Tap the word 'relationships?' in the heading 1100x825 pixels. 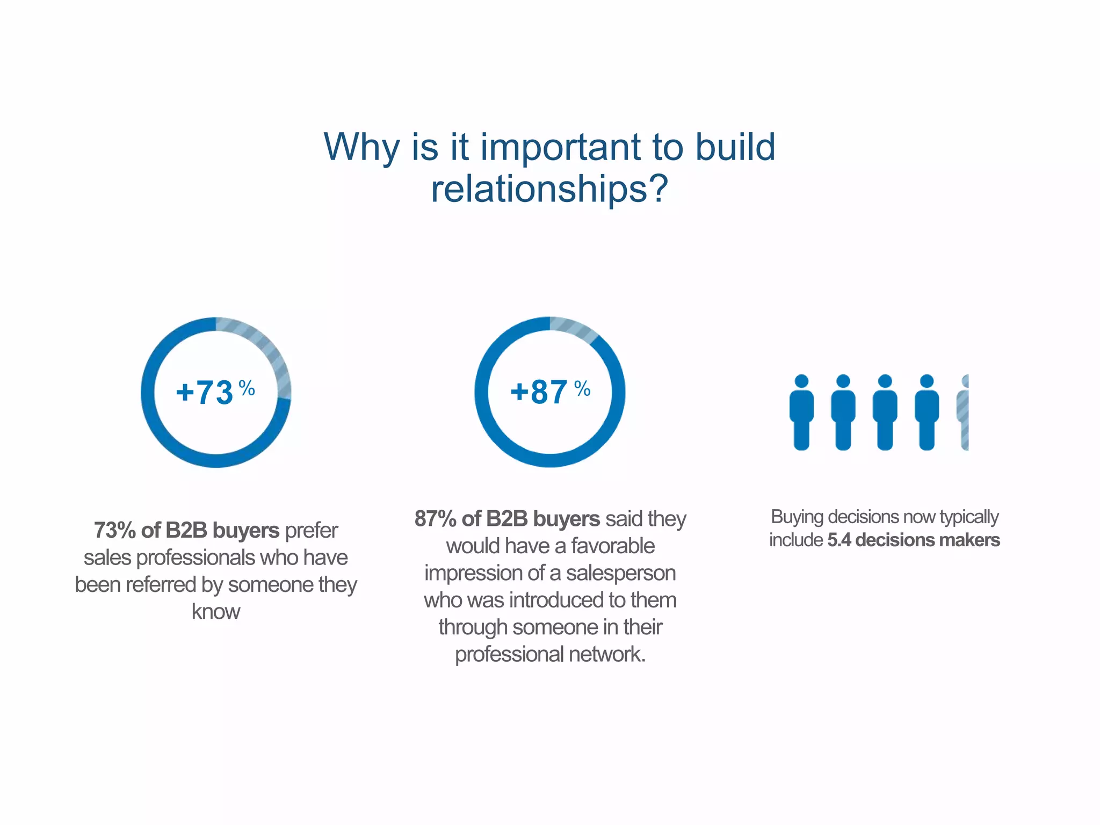549,189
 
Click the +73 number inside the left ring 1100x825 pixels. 205,393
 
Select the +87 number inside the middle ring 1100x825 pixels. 539,392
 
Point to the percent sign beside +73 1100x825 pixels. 247,387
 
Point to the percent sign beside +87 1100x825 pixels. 582,388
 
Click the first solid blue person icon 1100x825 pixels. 801,412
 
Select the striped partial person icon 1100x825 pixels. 963,412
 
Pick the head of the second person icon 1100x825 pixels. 843,381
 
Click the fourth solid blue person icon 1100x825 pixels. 927,412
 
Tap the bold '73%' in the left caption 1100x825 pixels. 114,531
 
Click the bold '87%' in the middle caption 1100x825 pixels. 435,519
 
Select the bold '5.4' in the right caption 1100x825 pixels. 839,540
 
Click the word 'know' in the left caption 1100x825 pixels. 216,612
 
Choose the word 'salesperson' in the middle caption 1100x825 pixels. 621,573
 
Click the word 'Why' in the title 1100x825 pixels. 361,147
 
